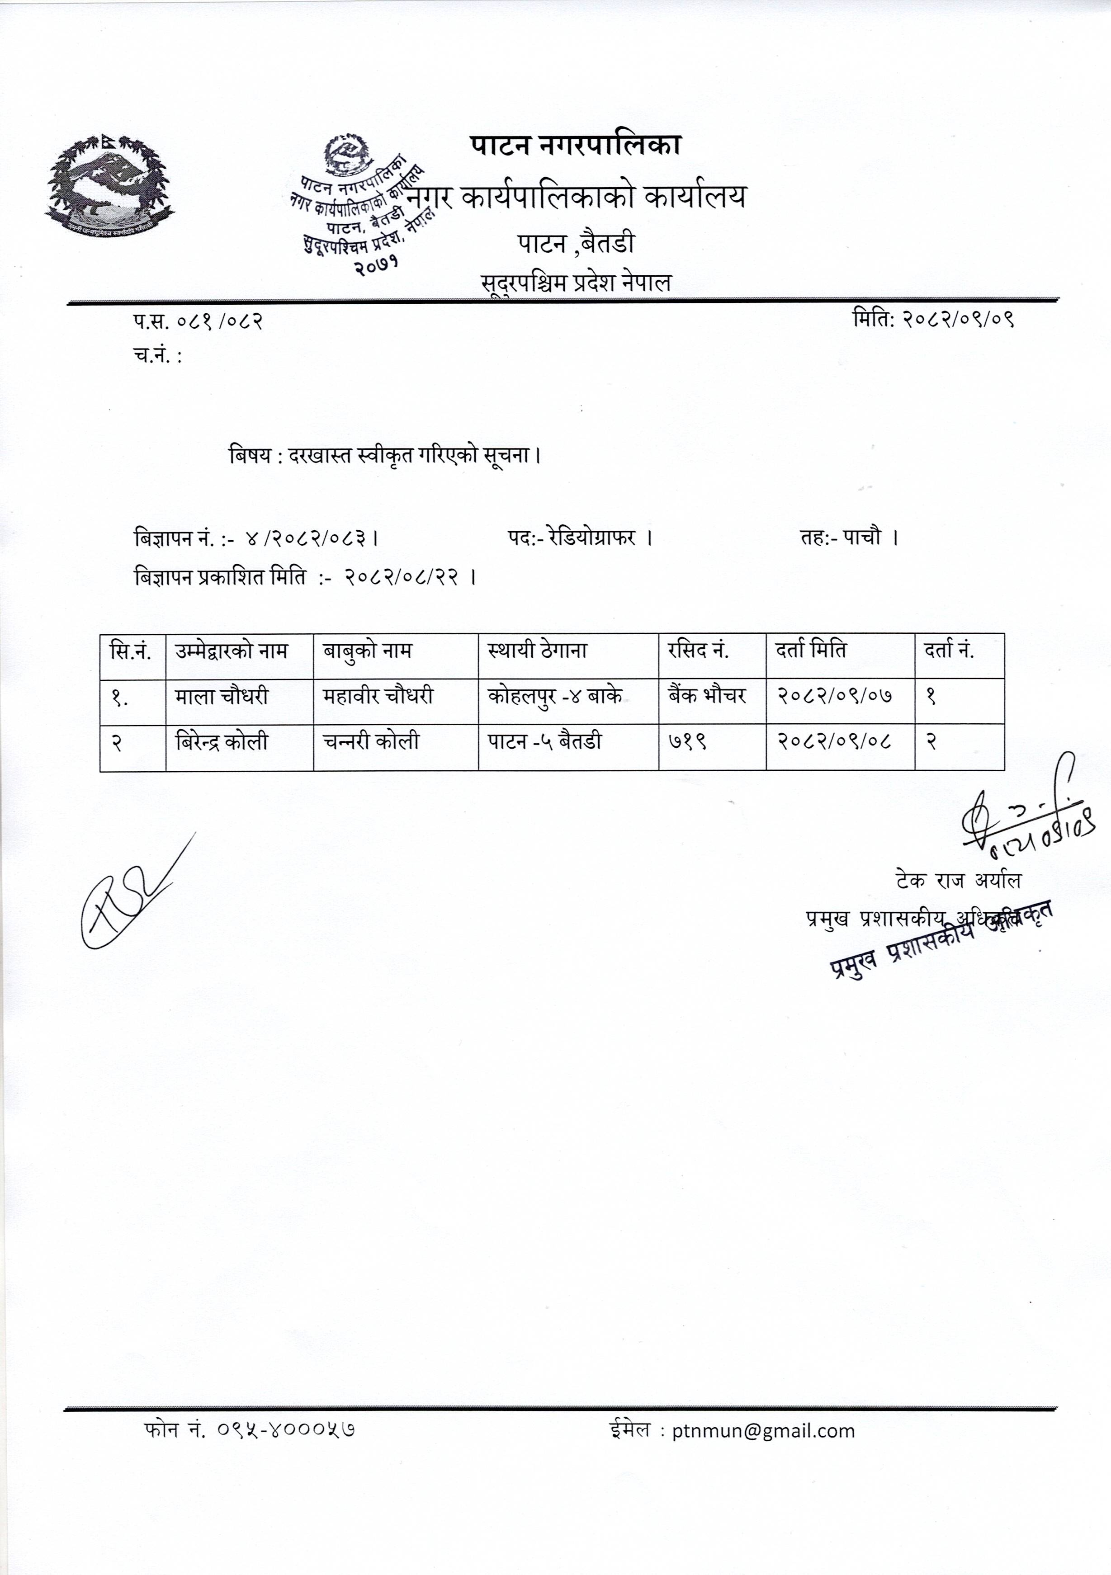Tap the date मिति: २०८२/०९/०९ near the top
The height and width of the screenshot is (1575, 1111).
tap(933, 319)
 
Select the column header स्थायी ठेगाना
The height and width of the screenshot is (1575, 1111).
tap(537, 650)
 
